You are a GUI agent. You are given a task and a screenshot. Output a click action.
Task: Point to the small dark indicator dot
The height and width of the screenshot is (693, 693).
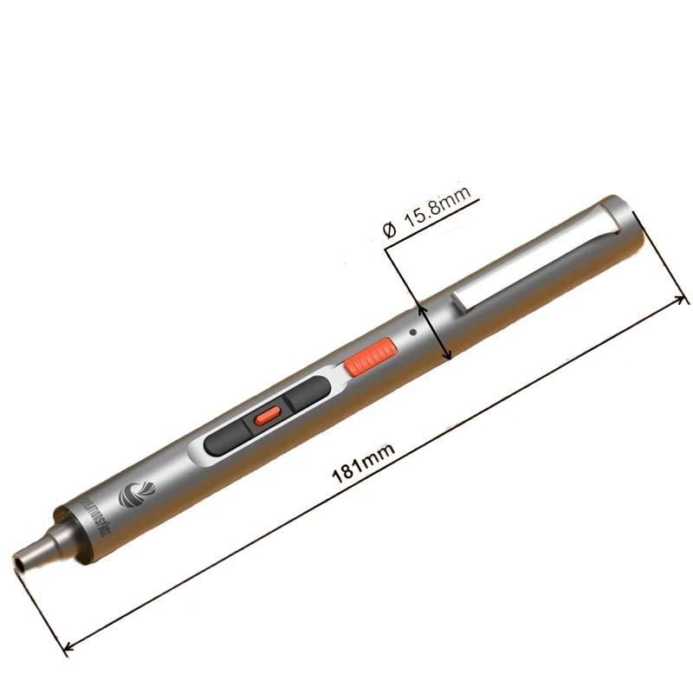click(415, 331)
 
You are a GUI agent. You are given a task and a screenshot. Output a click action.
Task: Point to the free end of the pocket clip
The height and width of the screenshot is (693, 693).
click(459, 302)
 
